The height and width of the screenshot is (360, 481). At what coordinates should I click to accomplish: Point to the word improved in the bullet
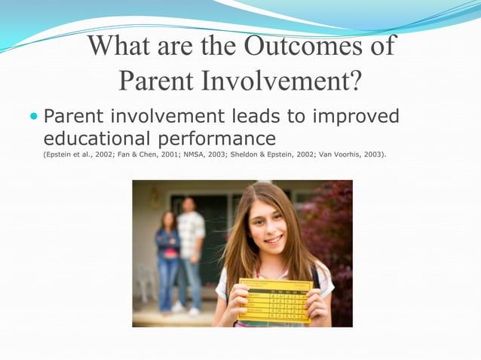[x=356, y=117]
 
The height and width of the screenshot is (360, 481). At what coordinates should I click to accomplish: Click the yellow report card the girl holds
[x=274, y=300]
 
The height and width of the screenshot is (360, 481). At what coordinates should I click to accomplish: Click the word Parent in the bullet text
[x=72, y=117]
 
